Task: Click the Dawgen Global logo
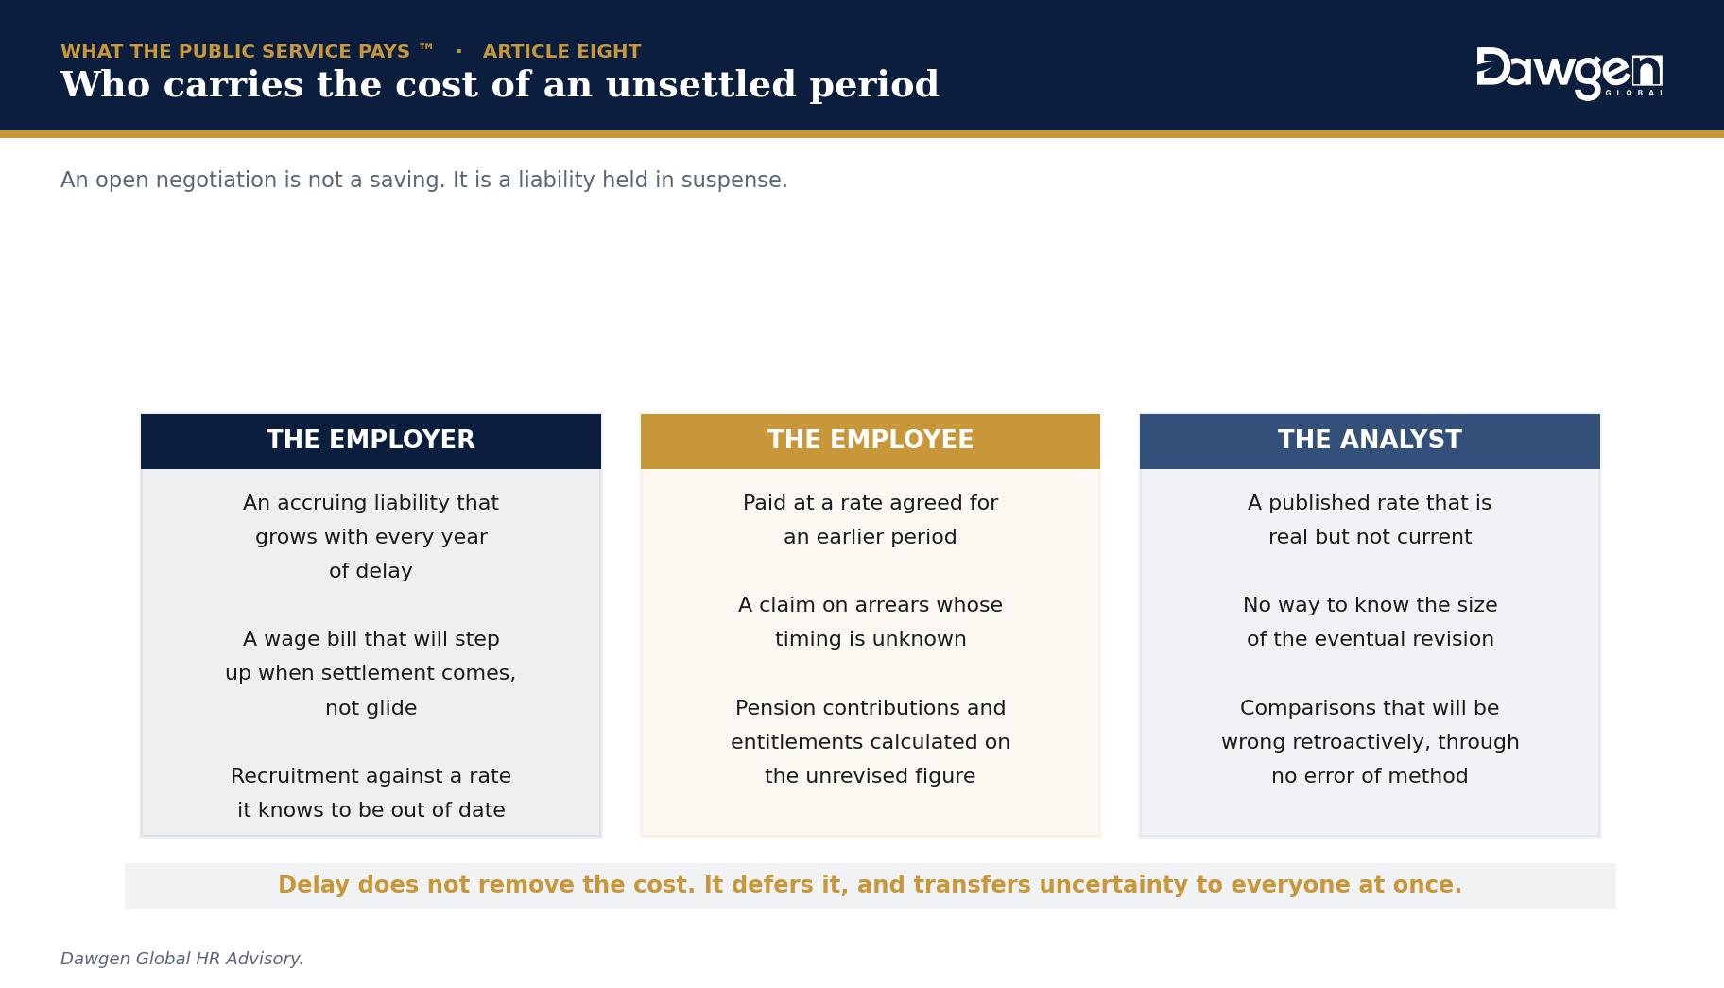click(x=1569, y=73)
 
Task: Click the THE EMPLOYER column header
click(x=371, y=441)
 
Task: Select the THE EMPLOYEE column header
click(x=870, y=441)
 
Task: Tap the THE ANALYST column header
click(x=1370, y=441)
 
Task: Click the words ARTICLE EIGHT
click(x=561, y=51)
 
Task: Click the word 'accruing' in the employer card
click(x=326, y=504)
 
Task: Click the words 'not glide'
click(x=371, y=708)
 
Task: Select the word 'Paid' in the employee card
click(x=764, y=503)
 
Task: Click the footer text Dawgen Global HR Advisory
click(x=182, y=959)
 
